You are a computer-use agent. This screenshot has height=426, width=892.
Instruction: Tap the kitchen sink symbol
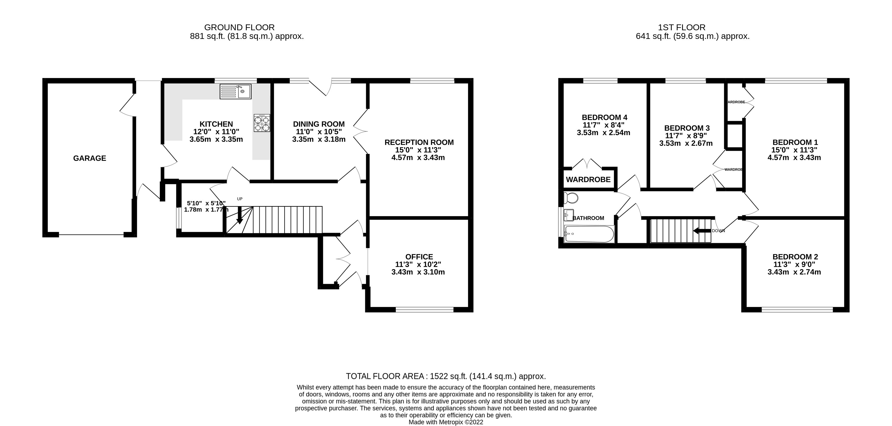[x=236, y=92]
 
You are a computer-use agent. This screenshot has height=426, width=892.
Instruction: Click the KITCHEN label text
[x=216, y=124]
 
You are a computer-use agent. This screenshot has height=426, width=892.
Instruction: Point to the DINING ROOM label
[x=319, y=124]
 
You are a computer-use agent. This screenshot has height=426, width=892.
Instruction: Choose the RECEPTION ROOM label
[x=419, y=142]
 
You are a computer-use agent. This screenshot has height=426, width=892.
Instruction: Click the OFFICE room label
[x=419, y=257]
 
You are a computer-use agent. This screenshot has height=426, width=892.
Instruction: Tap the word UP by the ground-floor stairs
[x=240, y=199]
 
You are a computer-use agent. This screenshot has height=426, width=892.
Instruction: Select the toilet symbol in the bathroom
[x=571, y=198]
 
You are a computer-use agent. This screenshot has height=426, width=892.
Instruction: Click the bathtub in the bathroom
[x=589, y=234]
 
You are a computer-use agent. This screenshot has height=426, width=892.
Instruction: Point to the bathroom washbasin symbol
[x=568, y=215]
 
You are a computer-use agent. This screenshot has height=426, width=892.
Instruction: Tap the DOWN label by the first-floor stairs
[x=718, y=231]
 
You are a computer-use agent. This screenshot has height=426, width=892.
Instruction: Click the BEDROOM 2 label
[x=795, y=257]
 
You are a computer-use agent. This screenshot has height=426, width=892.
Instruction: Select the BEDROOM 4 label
[x=605, y=117]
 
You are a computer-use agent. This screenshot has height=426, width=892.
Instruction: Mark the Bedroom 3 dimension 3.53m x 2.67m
[x=686, y=143]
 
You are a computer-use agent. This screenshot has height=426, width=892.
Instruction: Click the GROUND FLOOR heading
[x=239, y=27]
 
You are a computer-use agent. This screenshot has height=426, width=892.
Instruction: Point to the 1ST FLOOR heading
[x=681, y=27]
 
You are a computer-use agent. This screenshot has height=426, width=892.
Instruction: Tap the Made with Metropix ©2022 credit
[x=446, y=422]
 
